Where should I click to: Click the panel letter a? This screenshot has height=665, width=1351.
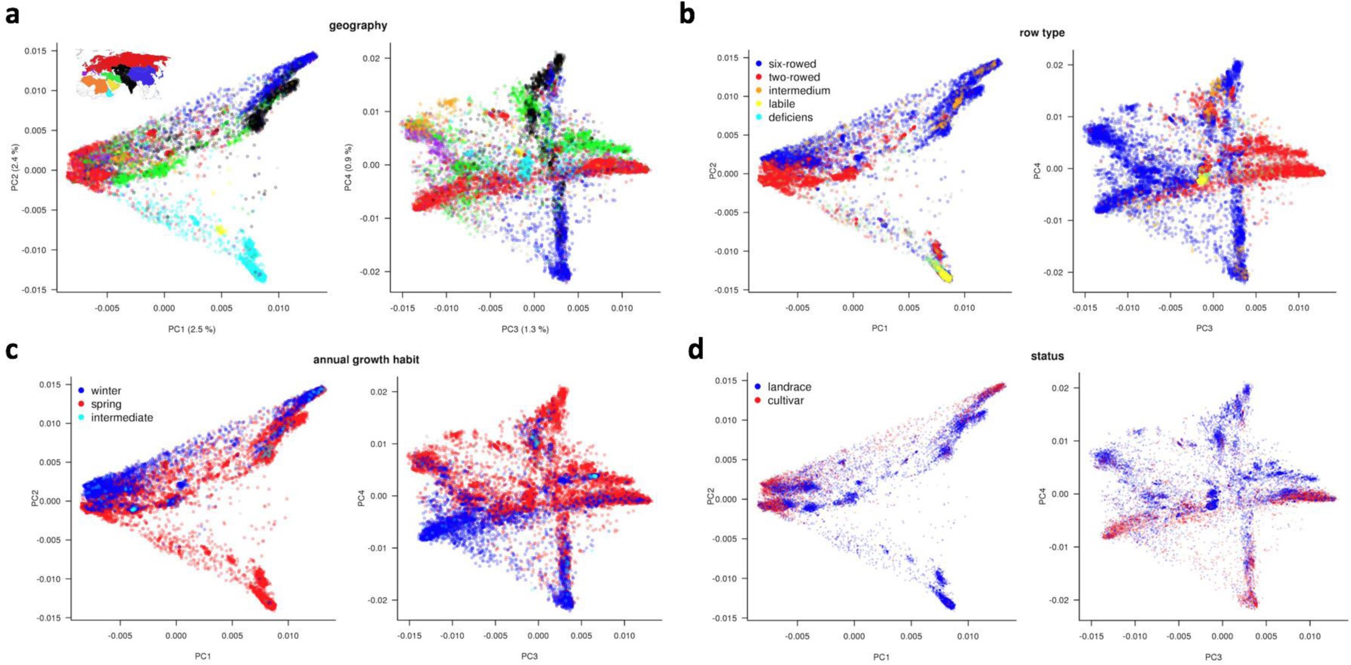(x=12, y=14)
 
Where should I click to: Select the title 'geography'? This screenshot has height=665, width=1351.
(x=358, y=26)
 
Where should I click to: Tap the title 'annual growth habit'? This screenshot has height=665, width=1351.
(x=366, y=360)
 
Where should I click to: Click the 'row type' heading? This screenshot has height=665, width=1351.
(x=1042, y=33)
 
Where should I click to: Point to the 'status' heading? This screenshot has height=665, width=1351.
(x=1047, y=356)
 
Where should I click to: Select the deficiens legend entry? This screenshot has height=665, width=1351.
(x=789, y=117)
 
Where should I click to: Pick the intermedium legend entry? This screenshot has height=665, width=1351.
(x=798, y=91)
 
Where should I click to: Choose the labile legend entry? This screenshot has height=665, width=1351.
(x=781, y=104)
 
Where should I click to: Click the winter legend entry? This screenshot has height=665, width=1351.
(x=106, y=391)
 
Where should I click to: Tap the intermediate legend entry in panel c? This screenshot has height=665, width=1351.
(x=122, y=418)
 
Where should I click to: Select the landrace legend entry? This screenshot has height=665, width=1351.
(x=788, y=387)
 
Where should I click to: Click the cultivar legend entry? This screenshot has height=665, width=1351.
(x=785, y=401)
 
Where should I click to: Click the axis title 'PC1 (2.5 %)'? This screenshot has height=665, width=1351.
(x=191, y=329)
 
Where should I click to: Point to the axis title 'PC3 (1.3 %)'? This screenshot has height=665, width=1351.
(x=524, y=329)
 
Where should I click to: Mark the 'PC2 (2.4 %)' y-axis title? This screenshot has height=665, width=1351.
(x=15, y=167)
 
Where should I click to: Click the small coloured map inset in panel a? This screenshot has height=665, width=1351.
(x=122, y=74)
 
